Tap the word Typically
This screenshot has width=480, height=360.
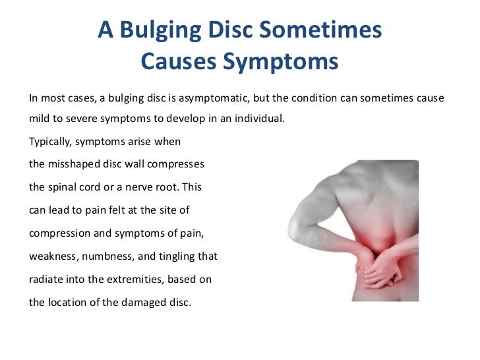pyautogui.click(x=52, y=142)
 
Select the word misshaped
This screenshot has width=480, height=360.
pyautogui.click(x=73, y=164)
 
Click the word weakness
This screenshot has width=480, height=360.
pyautogui.click(x=52, y=256)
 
